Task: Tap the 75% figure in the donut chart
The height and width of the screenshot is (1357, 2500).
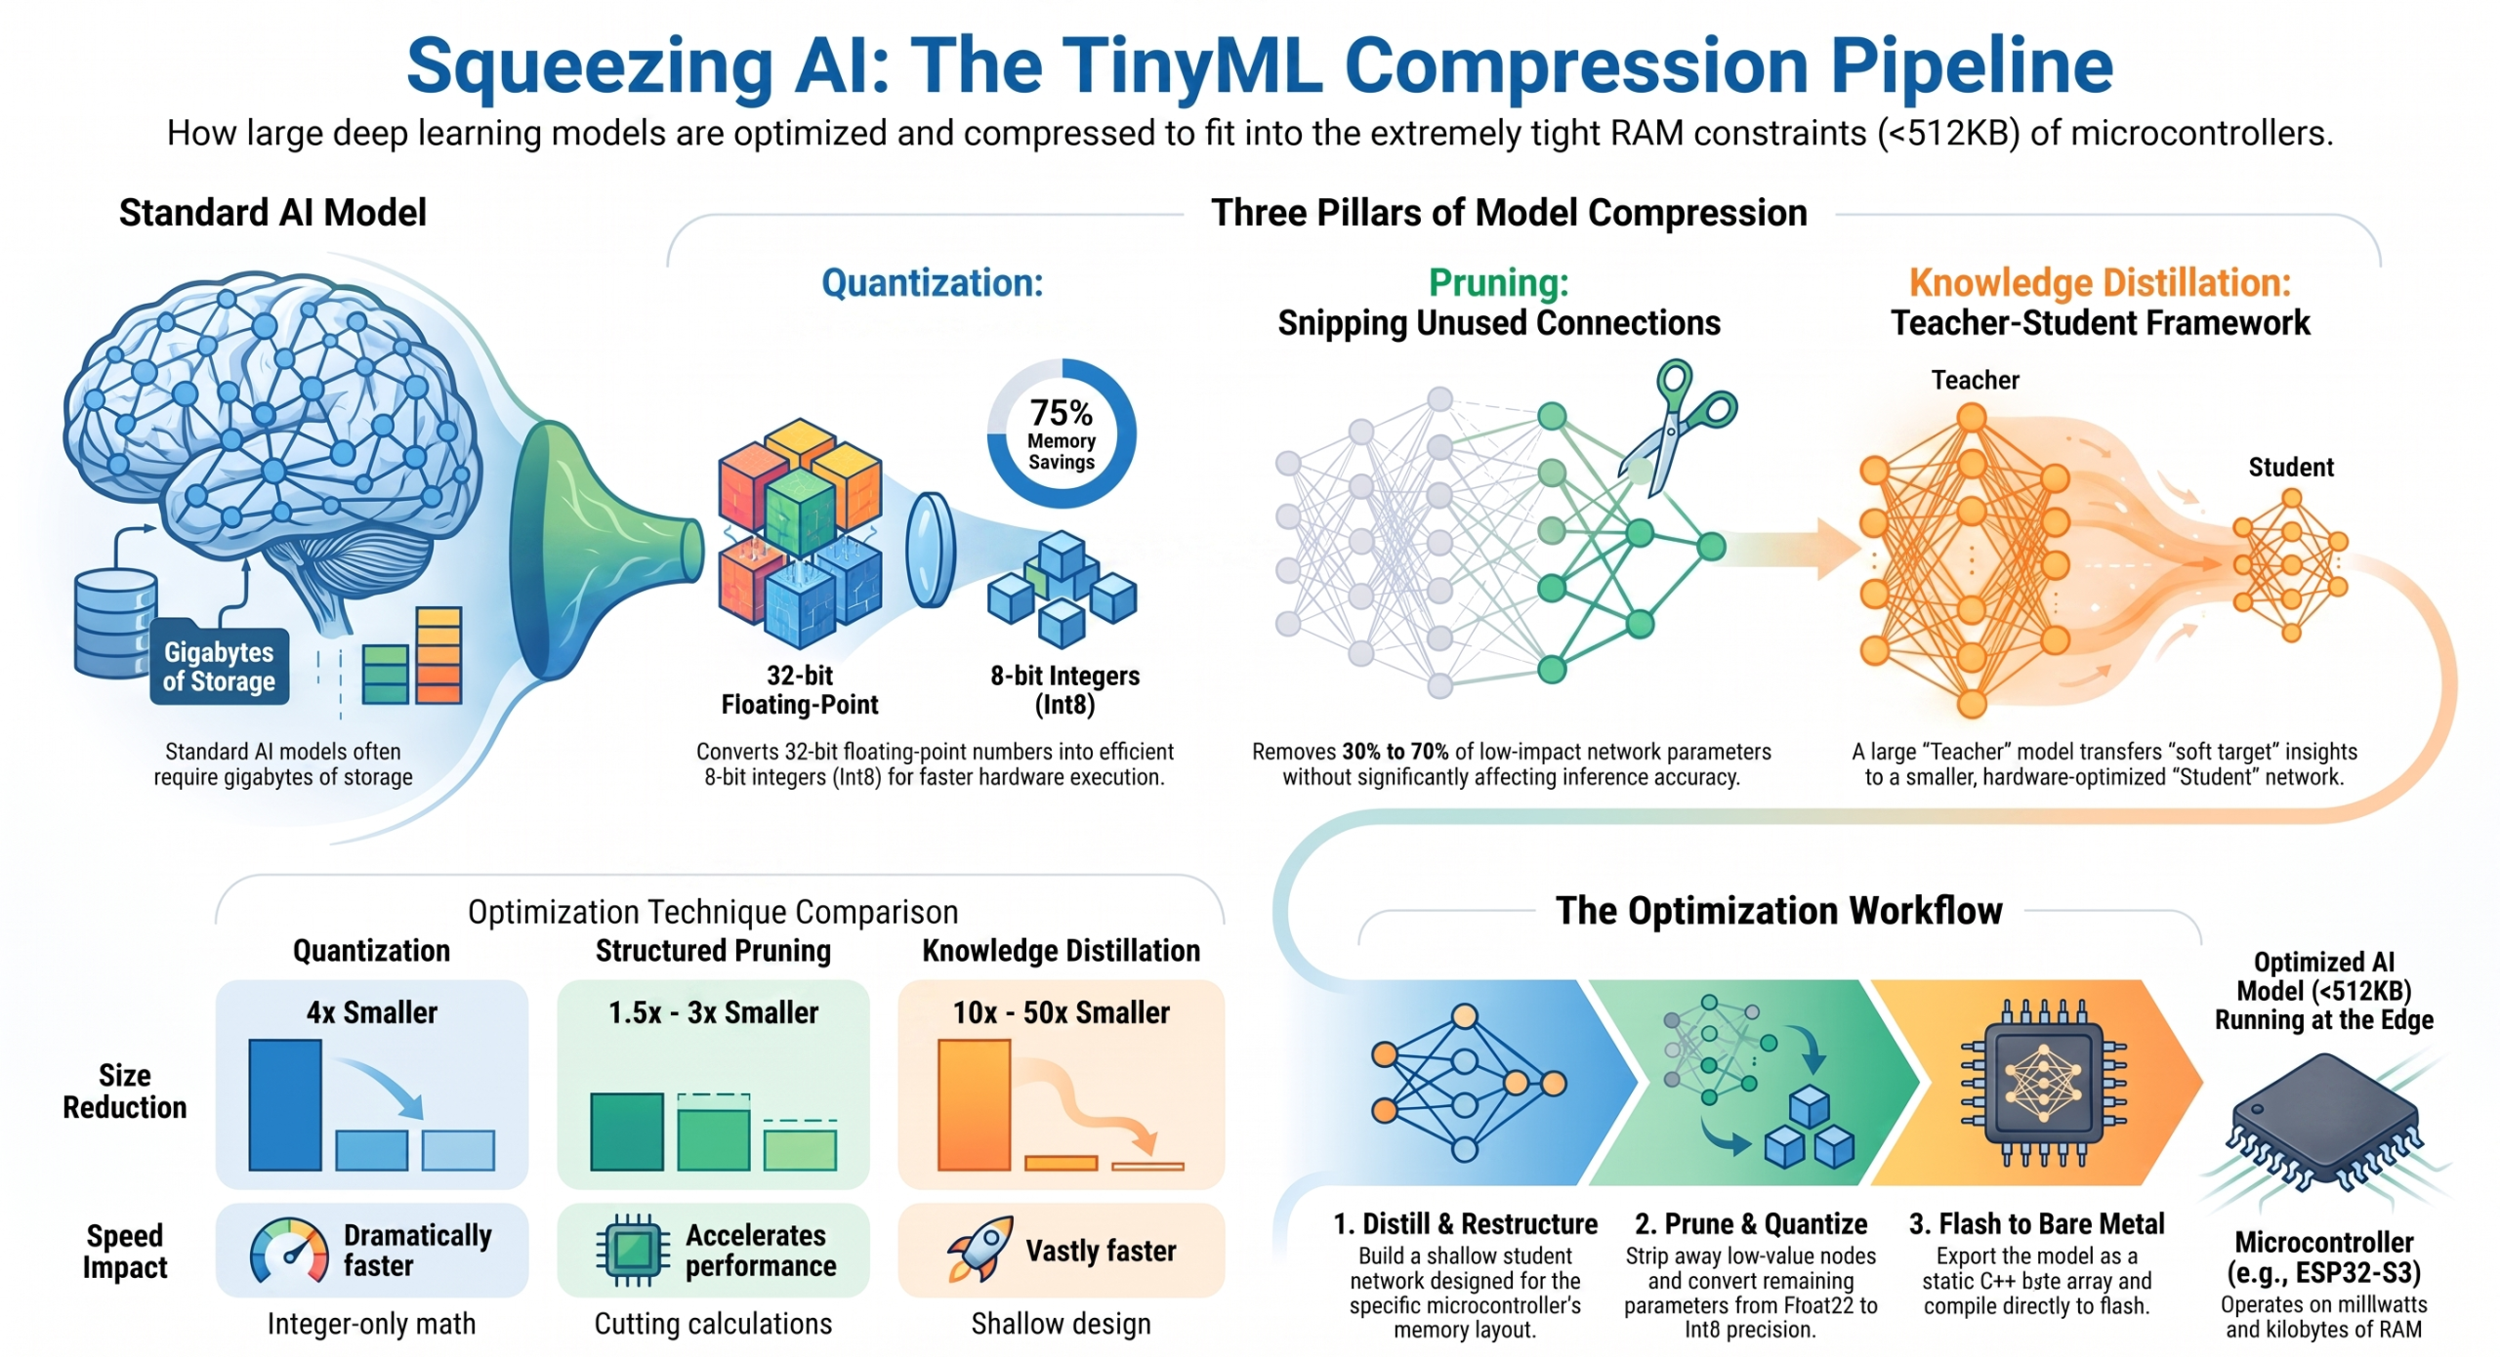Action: point(1062,412)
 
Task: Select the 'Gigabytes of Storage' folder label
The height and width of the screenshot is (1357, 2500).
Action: point(219,666)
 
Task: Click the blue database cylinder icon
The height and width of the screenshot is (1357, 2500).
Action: point(115,625)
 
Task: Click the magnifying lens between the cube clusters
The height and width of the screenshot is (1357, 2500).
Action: point(930,550)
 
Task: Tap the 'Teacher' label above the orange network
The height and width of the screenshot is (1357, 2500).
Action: point(1975,380)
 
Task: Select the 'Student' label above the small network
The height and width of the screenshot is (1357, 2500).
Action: point(2291,467)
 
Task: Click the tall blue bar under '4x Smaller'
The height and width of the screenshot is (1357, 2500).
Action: point(285,1104)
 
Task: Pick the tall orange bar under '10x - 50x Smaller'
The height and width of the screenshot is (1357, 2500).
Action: point(974,1104)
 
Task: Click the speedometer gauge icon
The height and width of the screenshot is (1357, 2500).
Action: point(289,1251)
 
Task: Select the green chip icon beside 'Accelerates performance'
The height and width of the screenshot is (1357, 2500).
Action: point(633,1250)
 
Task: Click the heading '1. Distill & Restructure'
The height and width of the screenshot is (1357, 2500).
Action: point(1465,1223)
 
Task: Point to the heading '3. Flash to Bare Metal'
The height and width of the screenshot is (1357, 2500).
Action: point(2036,1223)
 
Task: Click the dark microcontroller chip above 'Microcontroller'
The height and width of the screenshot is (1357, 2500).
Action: point(2325,1123)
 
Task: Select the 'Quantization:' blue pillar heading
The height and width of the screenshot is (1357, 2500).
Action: point(932,283)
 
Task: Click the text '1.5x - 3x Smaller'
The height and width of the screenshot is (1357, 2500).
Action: point(713,1012)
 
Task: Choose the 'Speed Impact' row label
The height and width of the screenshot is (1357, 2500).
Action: point(124,1252)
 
